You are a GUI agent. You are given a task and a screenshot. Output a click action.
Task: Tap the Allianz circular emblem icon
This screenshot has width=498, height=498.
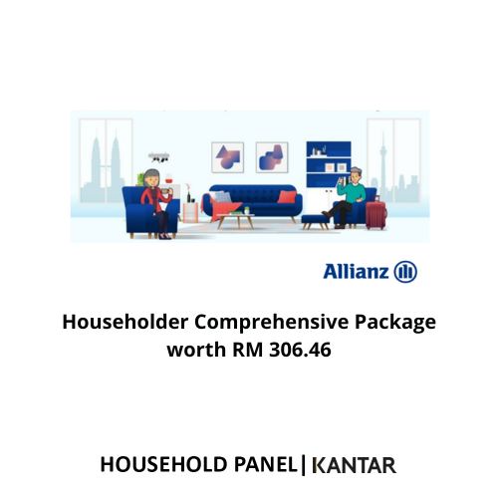[405, 272]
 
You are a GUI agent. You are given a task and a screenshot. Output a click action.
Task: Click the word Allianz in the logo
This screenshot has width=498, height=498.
[356, 272]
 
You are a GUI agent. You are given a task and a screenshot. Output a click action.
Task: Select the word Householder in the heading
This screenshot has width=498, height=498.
[125, 322]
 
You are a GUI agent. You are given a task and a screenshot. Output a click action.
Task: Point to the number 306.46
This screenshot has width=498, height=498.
[300, 350]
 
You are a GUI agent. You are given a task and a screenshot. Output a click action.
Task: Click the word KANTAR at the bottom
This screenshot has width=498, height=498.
[355, 465]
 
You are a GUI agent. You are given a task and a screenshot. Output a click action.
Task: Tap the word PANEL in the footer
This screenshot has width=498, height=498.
[266, 464]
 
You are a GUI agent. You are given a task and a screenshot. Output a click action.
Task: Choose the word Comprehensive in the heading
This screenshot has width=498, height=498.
[271, 323]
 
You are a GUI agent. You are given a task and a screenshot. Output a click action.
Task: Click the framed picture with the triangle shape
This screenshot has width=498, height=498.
[228, 157]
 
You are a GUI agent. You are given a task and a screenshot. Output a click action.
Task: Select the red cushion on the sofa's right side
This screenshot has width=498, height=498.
[287, 196]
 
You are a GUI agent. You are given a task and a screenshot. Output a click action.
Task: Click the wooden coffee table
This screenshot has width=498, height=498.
[236, 221]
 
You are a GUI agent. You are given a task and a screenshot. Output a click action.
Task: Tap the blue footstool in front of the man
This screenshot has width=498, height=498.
[315, 222]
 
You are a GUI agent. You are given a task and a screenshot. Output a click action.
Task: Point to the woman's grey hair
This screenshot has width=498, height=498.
[151, 177]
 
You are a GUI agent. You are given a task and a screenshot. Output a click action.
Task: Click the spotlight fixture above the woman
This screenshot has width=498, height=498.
[158, 157]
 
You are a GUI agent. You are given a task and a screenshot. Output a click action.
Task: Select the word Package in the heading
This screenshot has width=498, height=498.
[395, 323]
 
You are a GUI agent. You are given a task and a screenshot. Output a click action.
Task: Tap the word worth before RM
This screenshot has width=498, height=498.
[196, 350]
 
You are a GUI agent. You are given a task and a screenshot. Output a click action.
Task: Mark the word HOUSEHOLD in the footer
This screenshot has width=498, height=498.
[163, 464]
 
